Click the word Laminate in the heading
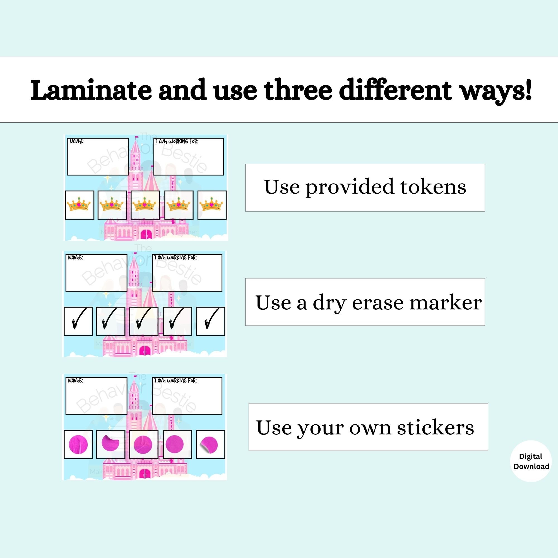(x=91, y=90)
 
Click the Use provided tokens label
(x=365, y=188)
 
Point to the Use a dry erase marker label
(x=365, y=302)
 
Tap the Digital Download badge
(x=531, y=461)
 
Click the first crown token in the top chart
(x=80, y=205)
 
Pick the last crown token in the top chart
(x=212, y=205)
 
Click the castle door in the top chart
(x=146, y=234)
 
